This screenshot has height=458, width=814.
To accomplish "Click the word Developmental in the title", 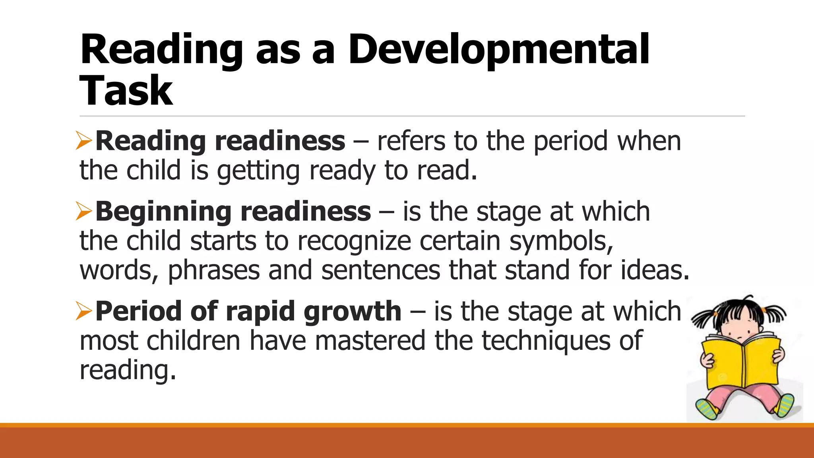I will [x=499, y=50].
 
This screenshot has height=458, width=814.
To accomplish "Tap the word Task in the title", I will [x=126, y=91].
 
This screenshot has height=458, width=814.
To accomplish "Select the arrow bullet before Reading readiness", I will [x=84, y=142].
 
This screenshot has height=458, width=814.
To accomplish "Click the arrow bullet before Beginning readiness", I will [x=84, y=212].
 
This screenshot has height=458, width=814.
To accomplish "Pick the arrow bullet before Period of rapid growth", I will [x=84, y=311].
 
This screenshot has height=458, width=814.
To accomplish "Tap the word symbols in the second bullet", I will [x=561, y=241].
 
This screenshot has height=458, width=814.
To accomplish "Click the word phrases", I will [x=213, y=271].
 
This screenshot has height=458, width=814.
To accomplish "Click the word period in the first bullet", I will [x=571, y=142].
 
